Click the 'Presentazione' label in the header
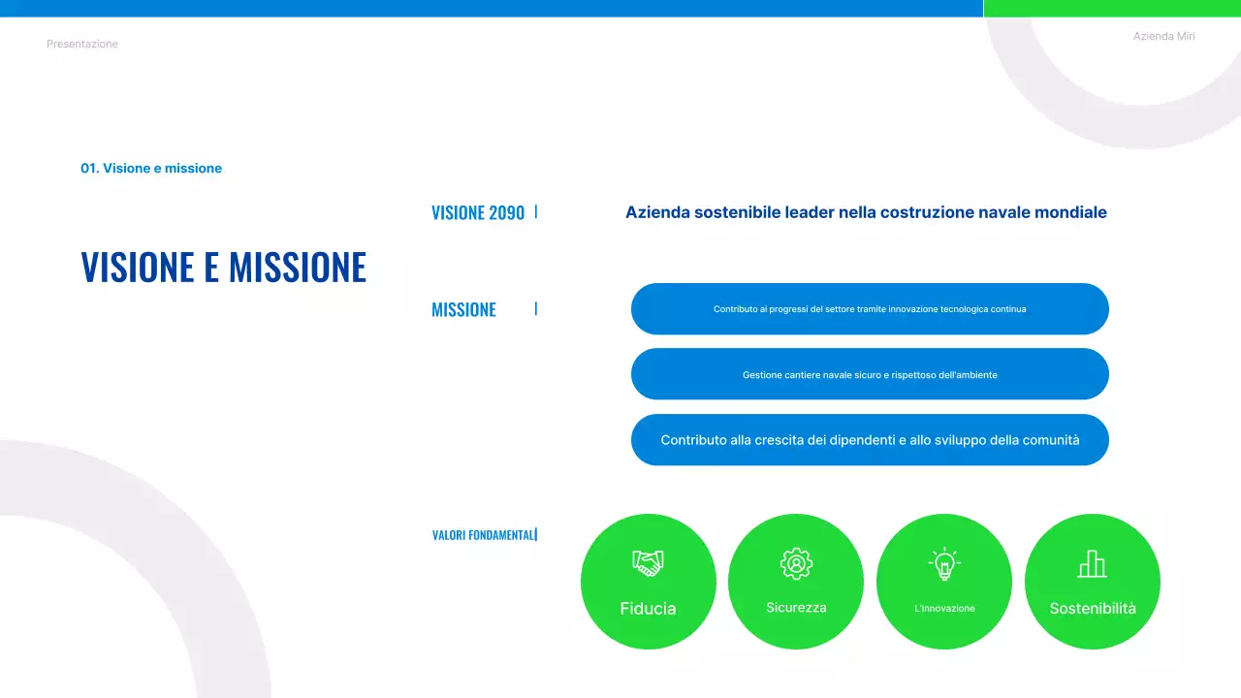point(82,44)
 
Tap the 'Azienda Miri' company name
point(1163,36)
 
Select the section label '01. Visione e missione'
point(151,169)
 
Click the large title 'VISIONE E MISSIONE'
point(224,267)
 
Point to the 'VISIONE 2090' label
point(477,213)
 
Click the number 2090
point(507,213)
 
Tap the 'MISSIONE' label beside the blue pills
point(463,310)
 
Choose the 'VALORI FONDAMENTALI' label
point(483,535)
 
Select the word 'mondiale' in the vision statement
point(1069,212)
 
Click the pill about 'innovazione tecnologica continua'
point(870,309)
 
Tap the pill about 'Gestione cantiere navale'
point(870,374)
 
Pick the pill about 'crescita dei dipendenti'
point(870,440)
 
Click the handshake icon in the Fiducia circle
point(648,562)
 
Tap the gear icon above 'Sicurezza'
point(796,563)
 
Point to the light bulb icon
point(943,564)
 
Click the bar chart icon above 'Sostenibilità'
point(1092,563)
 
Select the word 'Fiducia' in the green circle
point(648,609)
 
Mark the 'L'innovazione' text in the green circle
point(944,609)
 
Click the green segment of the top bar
point(1112,8)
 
